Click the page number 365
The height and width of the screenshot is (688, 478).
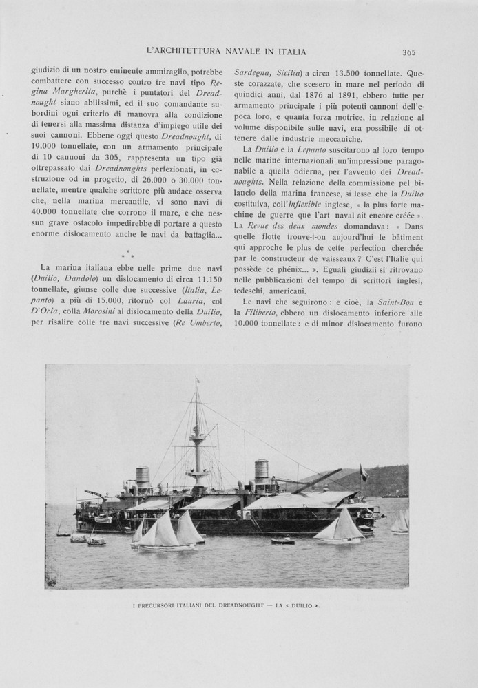click(x=409, y=52)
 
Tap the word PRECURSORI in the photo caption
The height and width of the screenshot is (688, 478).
click(x=159, y=605)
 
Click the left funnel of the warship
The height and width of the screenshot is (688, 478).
click(x=143, y=475)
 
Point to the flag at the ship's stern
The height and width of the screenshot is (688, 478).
click(x=364, y=472)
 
